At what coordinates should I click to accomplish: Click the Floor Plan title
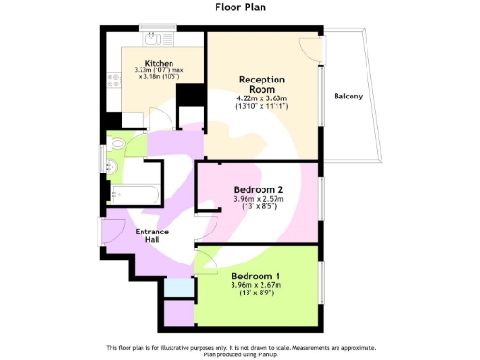[240, 7]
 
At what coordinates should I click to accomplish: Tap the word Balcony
[348, 96]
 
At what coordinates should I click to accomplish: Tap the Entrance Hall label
[152, 235]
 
